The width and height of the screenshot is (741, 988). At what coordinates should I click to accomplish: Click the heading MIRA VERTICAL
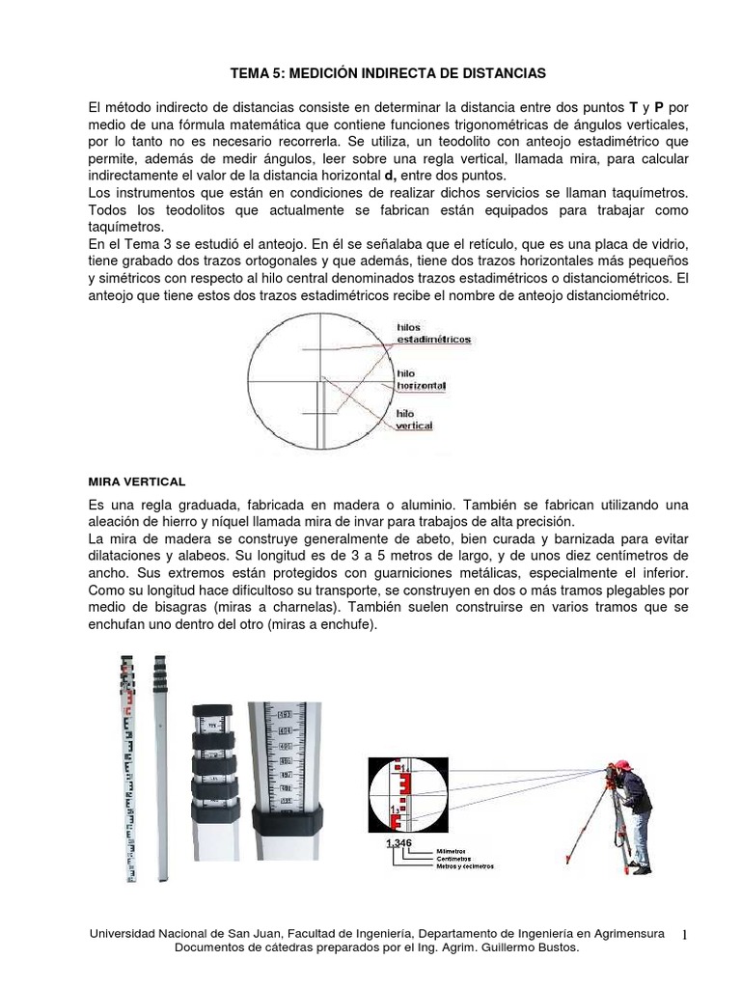coord(137,480)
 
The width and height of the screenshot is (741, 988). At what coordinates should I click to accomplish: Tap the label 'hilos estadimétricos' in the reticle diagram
coord(433,334)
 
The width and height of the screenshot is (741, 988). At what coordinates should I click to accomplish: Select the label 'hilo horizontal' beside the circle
coord(421,378)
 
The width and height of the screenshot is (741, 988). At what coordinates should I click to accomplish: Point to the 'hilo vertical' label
coord(414,420)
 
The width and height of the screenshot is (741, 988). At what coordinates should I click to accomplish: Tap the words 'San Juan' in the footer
coord(235,934)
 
